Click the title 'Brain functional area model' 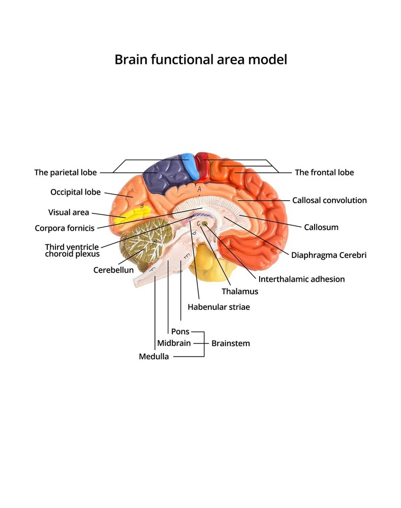(201, 59)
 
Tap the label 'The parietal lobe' (66, 173)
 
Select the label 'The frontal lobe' (324, 173)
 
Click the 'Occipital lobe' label (75, 193)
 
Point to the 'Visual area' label (69, 212)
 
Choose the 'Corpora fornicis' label (64, 228)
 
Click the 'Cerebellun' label (113, 270)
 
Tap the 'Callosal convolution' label (329, 200)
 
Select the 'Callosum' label (321, 228)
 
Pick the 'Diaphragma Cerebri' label (329, 255)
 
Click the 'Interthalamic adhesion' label (301, 279)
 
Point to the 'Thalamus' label (240, 292)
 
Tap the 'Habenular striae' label (219, 307)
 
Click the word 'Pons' (180, 332)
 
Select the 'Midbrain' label (174, 343)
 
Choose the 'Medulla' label (154, 357)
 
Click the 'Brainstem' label (231, 343)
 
